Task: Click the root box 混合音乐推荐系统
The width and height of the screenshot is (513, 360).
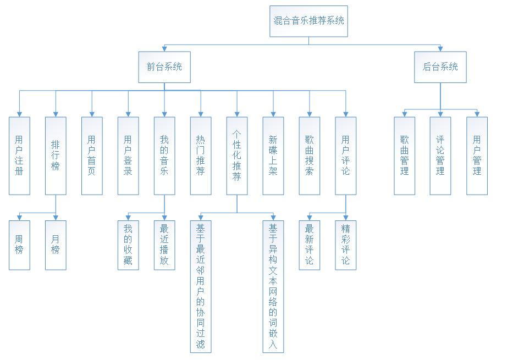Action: tap(308, 21)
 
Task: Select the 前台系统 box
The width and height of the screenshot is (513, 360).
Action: tap(164, 67)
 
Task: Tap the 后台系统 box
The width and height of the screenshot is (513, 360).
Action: tap(440, 67)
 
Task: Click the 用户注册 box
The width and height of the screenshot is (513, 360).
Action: tap(19, 156)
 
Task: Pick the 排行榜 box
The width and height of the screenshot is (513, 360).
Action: tap(56, 156)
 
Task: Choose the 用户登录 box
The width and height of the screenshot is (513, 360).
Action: tap(128, 156)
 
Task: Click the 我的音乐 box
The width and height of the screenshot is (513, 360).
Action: tap(164, 156)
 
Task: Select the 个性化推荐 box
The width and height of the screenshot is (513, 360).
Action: tap(237, 156)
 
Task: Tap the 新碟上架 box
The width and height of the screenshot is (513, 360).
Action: tap(273, 156)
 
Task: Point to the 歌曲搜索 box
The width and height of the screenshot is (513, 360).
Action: tap(310, 156)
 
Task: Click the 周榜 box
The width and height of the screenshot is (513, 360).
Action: tap(19, 245)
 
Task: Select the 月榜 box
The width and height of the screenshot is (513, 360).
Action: tap(56, 245)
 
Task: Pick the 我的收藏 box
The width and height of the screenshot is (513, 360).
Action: tap(128, 245)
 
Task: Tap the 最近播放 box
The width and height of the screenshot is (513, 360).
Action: tap(164, 245)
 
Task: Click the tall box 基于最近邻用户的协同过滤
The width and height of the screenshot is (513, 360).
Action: tap(201, 286)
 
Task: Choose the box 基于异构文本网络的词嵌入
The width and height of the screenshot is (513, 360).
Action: tap(273, 286)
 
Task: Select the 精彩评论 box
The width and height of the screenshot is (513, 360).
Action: tap(346, 245)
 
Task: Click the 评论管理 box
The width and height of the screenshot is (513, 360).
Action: tap(440, 156)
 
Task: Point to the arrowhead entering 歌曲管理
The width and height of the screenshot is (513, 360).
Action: tap(404, 114)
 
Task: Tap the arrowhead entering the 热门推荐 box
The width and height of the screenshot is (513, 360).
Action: tap(201, 114)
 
